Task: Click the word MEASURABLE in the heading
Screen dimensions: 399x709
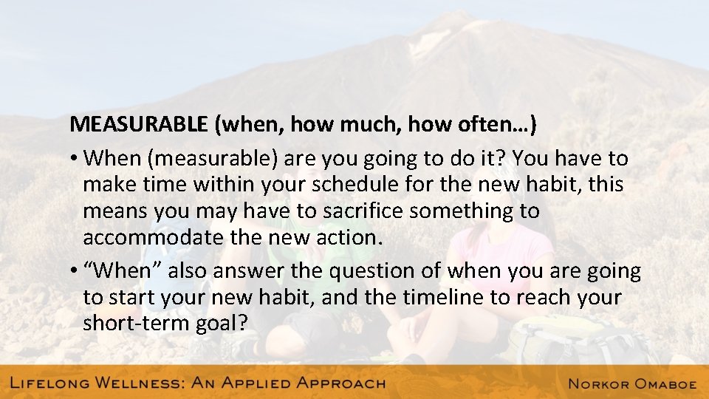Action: (x=139, y=125)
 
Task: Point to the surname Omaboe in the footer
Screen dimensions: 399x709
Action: (x=664, y=383)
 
